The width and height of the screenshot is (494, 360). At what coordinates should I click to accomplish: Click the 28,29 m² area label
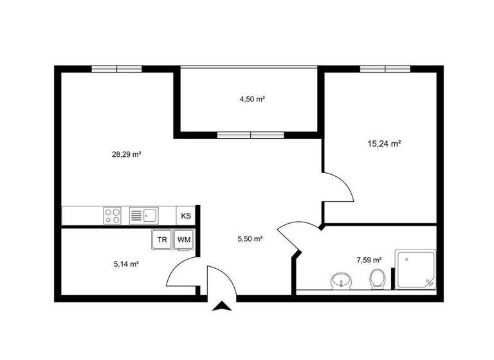pyautogui.click(x=126, y=154)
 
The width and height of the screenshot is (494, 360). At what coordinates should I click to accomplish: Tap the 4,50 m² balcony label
pyautogui.click(x=253, y=99)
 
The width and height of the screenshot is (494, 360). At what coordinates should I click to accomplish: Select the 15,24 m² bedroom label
pyautogui.click(x=384, y=144)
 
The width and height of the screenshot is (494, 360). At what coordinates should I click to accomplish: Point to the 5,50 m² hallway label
pyautogui.click(x=250, y=239)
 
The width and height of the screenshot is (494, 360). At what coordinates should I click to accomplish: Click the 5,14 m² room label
pyautogui.click(x=126, y=264)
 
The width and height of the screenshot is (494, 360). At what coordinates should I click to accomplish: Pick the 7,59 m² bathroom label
pyautogui.click(x=369, y=260)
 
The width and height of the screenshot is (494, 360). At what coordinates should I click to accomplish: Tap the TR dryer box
pyautogui.click(x=162, y=240)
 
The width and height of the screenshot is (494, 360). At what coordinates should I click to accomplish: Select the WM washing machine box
pyautogui.click(x=184, y=240)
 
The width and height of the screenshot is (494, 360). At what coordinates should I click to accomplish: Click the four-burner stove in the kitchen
pyautogui.click(x=112, y=215)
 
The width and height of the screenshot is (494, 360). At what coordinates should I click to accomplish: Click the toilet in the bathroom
pyautogui.click(x=378, y=279)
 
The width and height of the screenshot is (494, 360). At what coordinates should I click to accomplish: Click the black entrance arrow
pyautogui.click(x=223, y=307)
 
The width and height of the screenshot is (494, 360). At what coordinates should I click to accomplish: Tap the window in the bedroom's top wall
pyautogui.click(x=385, y=69)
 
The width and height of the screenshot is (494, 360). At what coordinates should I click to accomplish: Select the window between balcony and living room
pyautogui.click(x=250, y=135)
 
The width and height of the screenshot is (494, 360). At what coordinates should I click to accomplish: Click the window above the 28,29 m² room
pyautogui.click(x=116, y=69)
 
